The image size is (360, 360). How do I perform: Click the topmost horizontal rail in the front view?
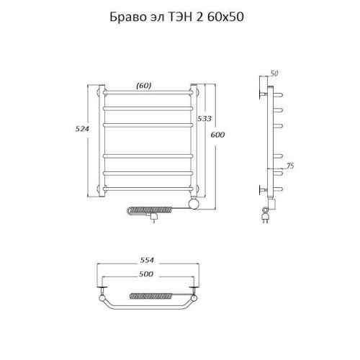tap(148, 94)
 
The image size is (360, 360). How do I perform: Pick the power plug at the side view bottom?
tap(266, 213)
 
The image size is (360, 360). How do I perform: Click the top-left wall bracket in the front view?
tap(99, 91)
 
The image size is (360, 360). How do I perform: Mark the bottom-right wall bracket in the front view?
tap(195, 189)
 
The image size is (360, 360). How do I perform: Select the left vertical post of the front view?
tap(103, 140)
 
